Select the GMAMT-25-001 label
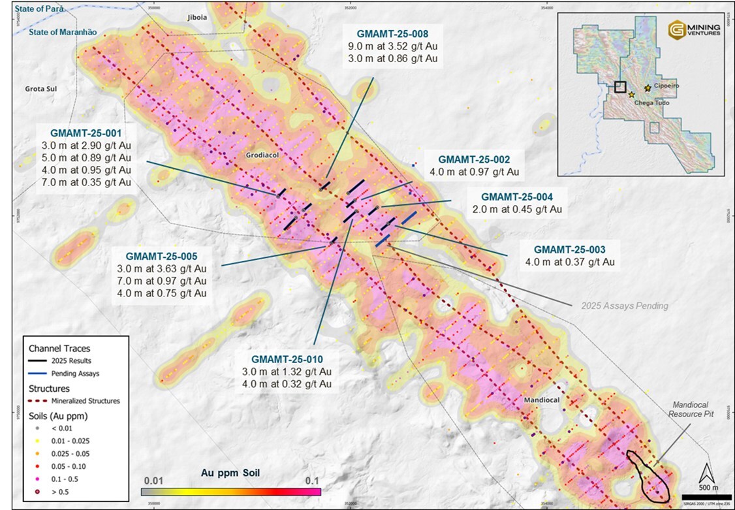[x=84, y=130]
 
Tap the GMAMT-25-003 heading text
[x=569, y=249]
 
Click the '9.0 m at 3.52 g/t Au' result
[x=392, y=46]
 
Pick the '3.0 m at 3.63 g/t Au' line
[x=162, y=269]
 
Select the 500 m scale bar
[x=706, y=498]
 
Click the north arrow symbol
[x=707, y=471]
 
